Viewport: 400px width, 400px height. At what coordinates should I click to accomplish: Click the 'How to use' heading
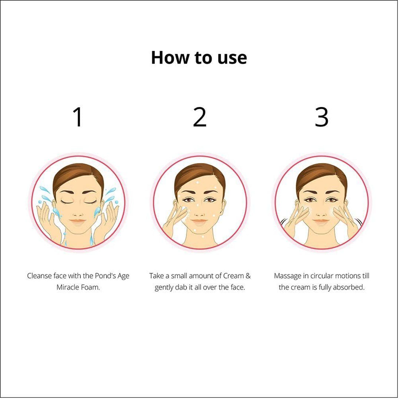click(199, 58)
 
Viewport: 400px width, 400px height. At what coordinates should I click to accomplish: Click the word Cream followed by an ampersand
click(233, 276)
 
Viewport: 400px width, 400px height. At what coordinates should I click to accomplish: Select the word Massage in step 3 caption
click(287, 276)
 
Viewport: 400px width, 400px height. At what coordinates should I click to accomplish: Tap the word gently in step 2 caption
click(164, 287)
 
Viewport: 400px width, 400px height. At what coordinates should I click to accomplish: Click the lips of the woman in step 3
click(321, 221)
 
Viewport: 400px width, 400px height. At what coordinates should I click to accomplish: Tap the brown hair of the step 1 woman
click(77, 176)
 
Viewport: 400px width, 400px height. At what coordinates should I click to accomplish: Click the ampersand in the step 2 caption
click(248, 276)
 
